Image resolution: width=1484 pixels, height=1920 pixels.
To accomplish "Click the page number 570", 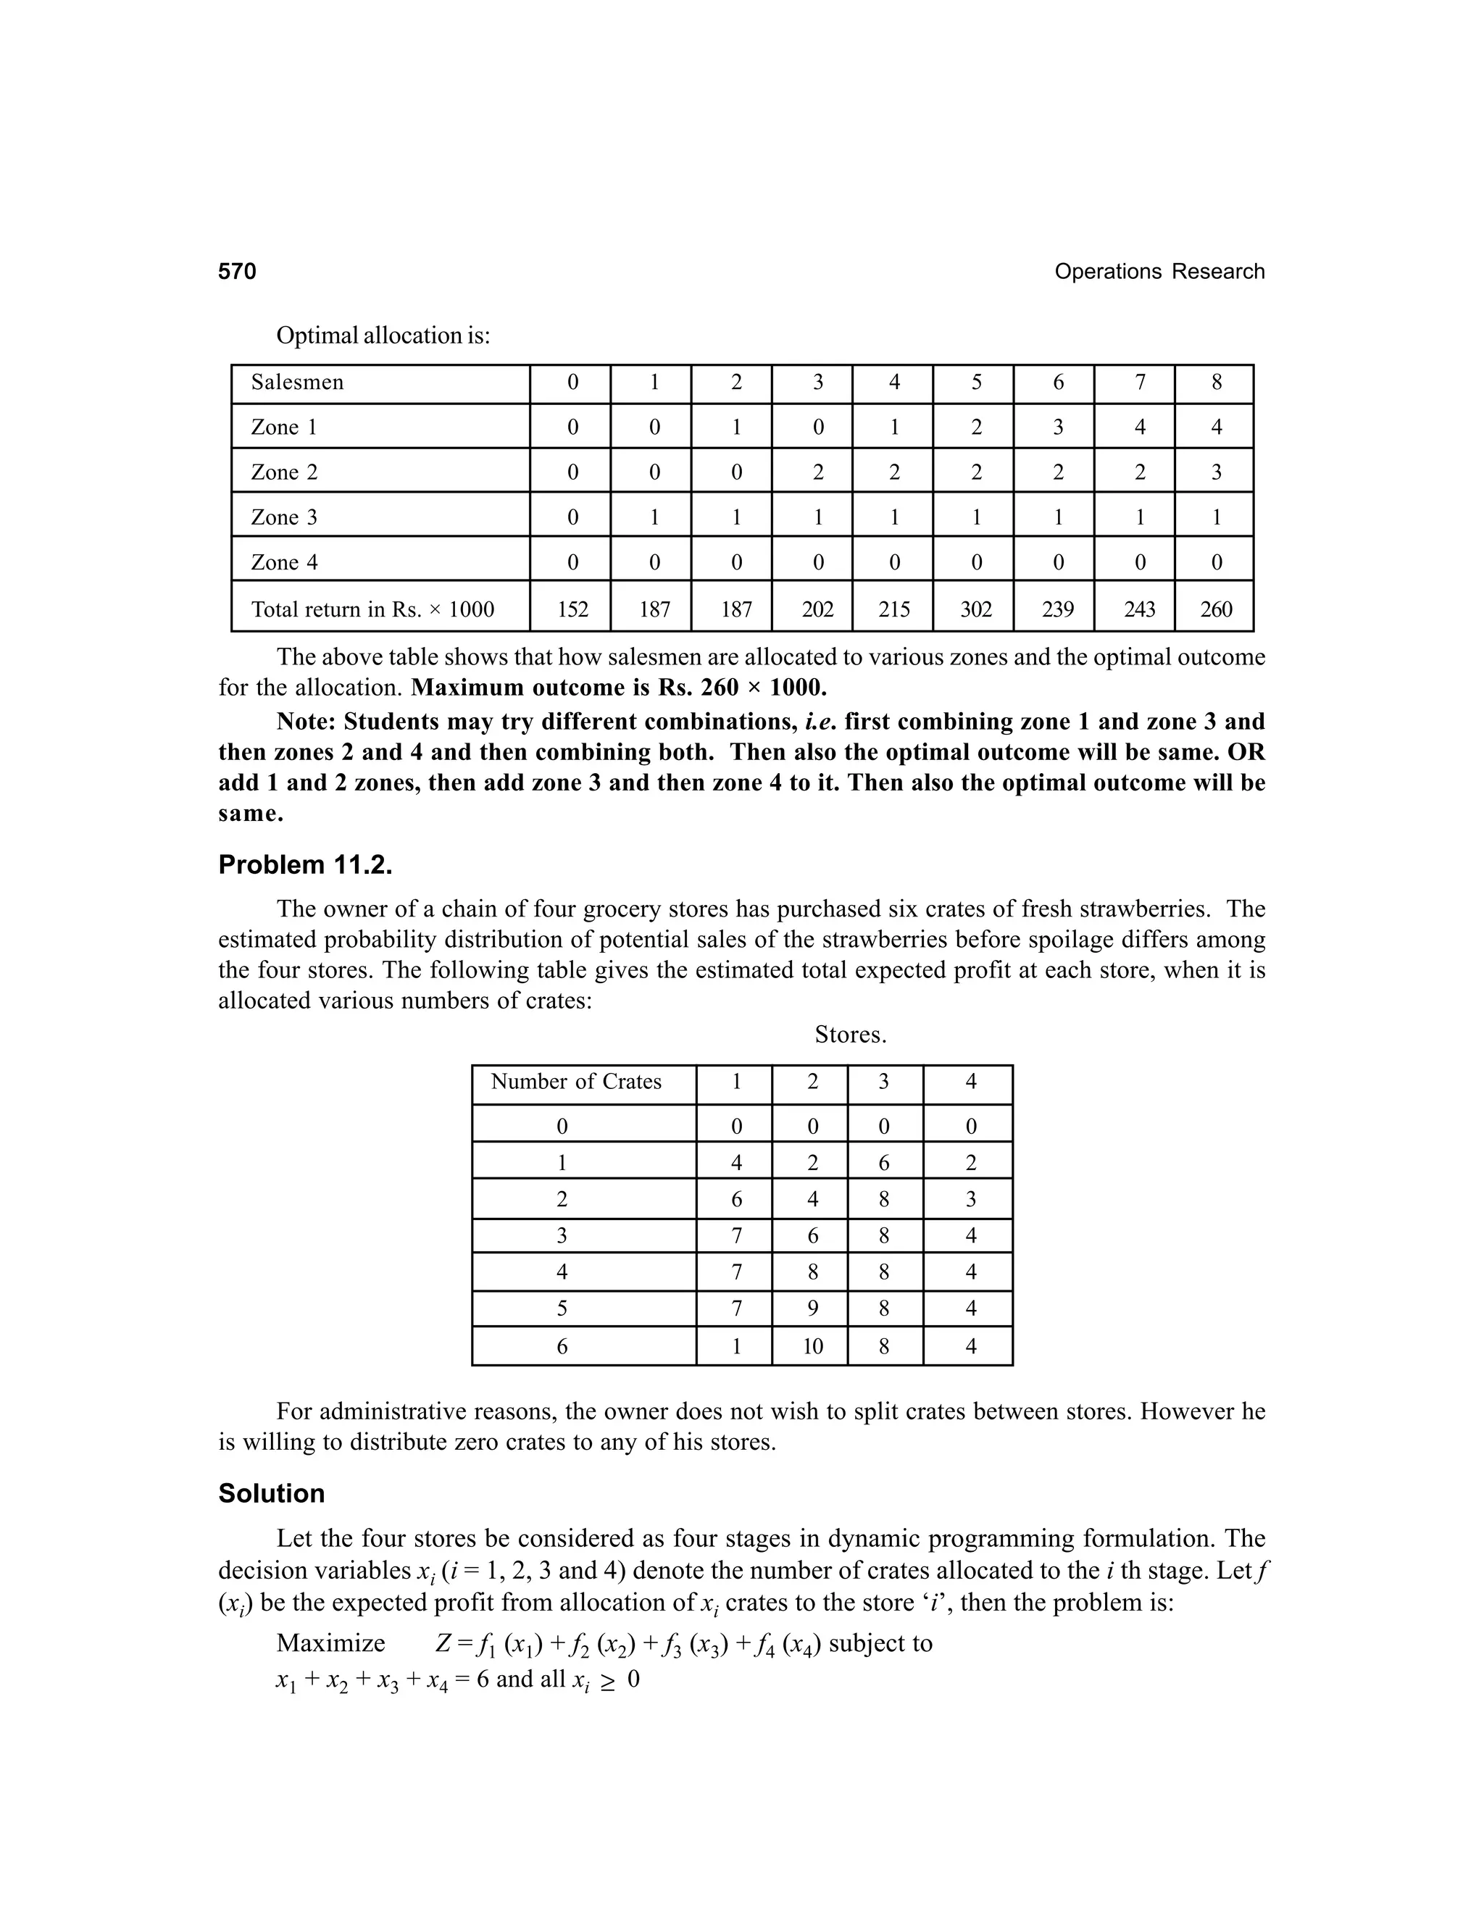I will [x=238, y=272].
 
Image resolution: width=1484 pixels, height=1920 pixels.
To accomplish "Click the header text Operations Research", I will [x=1159, y=272].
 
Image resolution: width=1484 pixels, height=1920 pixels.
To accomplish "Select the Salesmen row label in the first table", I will [x=297, y=383].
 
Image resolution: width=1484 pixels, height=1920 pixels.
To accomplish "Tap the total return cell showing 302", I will [x=976, y=609].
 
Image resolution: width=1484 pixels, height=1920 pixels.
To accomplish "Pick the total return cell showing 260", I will [x=1216, y=609].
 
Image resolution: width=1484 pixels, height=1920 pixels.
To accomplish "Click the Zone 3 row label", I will [x=284, y=517].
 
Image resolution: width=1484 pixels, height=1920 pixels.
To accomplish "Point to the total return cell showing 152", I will [x=572, y=609].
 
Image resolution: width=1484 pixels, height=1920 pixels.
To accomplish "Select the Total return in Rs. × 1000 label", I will [x=372, y=609].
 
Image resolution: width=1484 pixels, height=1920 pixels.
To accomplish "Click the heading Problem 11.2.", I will [x=305, y=865].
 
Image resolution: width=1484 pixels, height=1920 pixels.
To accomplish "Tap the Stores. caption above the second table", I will [x=850, y=1035].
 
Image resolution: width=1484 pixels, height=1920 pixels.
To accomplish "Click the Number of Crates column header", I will [x=576, y=1081].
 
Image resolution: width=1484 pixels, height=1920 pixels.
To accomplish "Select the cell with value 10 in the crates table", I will [x=812, y=1346].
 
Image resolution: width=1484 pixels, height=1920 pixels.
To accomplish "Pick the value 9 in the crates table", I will [x=812, y=1308].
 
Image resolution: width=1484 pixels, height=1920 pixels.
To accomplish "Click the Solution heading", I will [x=272, y=1494].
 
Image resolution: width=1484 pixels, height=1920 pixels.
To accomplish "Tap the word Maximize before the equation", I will [x=330, y=1643].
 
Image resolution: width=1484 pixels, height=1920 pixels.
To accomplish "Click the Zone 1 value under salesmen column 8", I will [x=1216, y=427].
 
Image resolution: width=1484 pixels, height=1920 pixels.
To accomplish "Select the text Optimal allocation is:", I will [x=383, y=336].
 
